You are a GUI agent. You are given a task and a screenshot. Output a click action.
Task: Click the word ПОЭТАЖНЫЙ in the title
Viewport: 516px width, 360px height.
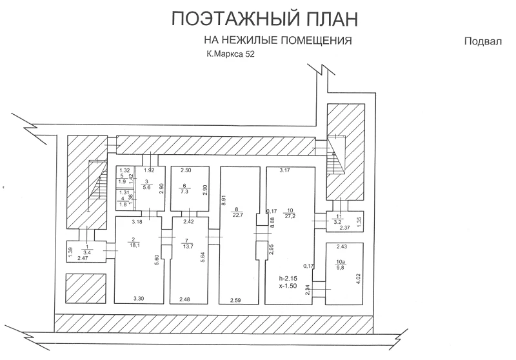[235, 19]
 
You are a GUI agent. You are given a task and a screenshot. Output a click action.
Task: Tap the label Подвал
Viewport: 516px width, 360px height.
[482, 41]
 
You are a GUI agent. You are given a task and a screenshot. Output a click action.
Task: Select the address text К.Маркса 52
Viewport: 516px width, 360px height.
[230, 54]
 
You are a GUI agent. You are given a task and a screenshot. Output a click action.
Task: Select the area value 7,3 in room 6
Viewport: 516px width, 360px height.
[184, 192]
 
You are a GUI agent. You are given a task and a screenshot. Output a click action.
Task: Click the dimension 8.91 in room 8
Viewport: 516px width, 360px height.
[224, 200]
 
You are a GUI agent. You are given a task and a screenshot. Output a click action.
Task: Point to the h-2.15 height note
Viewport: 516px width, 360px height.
[288, 279]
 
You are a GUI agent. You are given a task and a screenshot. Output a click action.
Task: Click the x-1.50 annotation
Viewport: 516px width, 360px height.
[288, 286]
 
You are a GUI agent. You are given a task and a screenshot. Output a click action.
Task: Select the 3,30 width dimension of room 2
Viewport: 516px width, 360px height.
[139, 299]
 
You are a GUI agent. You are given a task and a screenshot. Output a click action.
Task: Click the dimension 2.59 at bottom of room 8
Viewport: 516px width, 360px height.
[236, 300]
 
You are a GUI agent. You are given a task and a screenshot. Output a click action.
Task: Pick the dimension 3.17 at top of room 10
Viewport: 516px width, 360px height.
[285, 170]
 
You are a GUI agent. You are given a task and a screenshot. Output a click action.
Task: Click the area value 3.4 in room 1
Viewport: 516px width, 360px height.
[87, 252]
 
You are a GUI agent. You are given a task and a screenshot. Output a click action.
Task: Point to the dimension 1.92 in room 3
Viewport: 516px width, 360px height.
[149, 170]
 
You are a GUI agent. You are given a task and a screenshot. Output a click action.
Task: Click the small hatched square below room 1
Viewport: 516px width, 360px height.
[86, 288]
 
